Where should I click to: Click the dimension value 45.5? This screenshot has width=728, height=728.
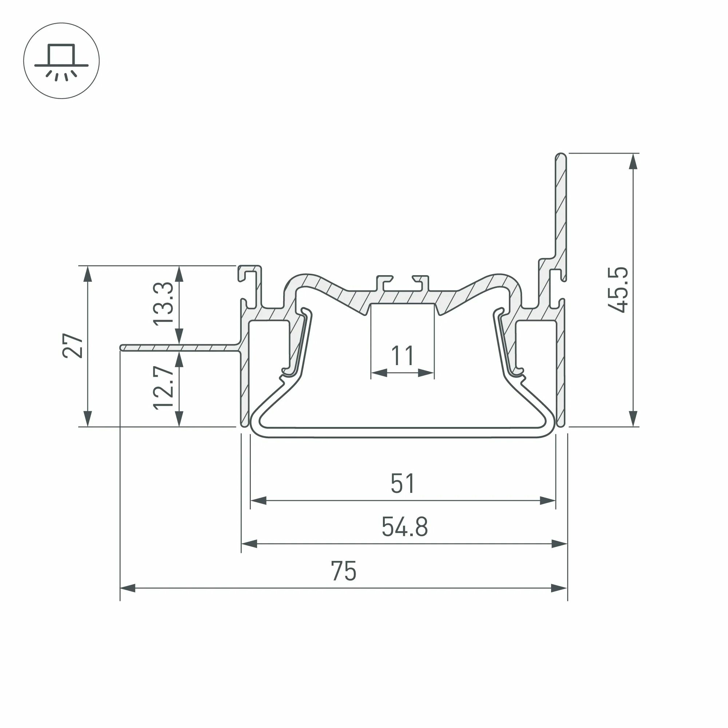pyautogui.click(x=618, y=290)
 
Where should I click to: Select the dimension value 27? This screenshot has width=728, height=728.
pyautogui.click(x=73, y=345)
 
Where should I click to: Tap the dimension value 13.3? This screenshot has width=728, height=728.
pyautogui.click(x=163, y=303)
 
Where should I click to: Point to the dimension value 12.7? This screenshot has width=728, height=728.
pyautogui.click(x=163, y=388)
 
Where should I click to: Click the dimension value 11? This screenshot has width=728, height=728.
pyautogui.click(x=403, y=356)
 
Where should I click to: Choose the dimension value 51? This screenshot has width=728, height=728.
pyautogui.click(x=403, y=483)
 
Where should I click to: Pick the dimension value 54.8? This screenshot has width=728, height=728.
pyautogui.click(x=405, y=527)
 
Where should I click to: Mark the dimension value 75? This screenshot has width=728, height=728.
pyautogui.click(x=344, y=571)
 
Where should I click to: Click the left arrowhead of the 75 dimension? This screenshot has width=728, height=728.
pyautogui.click(x=127, y=588)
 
